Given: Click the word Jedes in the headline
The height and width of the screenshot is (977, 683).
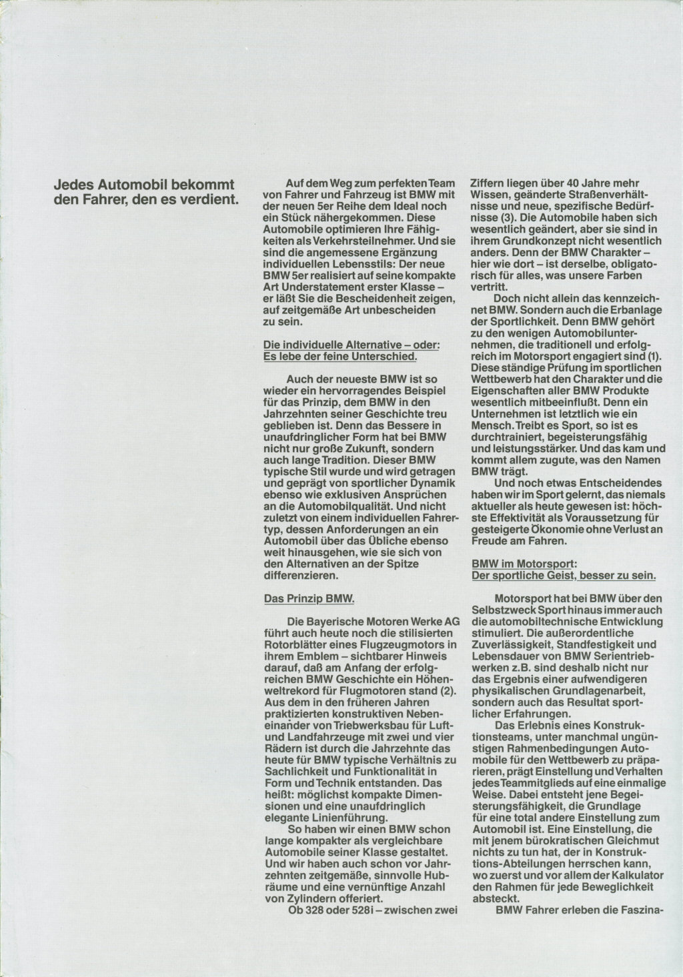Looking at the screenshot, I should (72, 184).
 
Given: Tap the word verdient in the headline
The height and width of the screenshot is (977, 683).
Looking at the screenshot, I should (211, 198).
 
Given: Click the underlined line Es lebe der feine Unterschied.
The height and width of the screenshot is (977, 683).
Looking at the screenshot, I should (341, 356).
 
